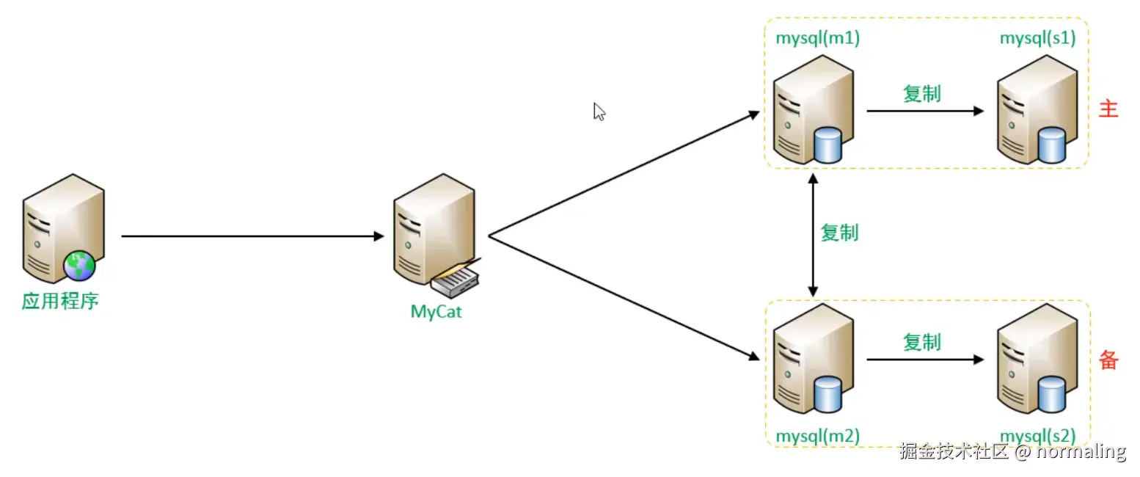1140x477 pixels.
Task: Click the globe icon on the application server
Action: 79,265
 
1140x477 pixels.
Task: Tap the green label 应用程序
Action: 60,302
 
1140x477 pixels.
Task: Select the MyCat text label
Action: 436,311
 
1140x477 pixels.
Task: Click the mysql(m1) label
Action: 817,39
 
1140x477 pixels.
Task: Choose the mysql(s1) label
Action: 1037,39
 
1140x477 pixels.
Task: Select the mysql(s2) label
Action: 1037,436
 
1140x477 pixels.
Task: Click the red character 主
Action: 1108,109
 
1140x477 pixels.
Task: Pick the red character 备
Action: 1108,360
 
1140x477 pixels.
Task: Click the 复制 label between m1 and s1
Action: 921,93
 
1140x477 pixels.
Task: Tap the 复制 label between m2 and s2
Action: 921,342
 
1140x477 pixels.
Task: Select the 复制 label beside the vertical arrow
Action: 839,233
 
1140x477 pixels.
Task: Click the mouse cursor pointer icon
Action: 599,112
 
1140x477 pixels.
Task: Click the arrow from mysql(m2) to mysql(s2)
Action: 924,360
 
